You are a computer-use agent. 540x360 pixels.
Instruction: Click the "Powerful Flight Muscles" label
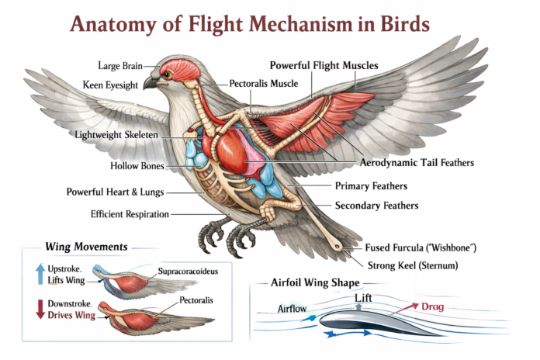324,65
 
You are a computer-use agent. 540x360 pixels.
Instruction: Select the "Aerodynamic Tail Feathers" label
417,163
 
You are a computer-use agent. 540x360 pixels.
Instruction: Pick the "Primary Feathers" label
371,186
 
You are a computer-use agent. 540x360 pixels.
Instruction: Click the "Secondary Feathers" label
376,206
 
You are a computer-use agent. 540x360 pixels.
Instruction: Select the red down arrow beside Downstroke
40,308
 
